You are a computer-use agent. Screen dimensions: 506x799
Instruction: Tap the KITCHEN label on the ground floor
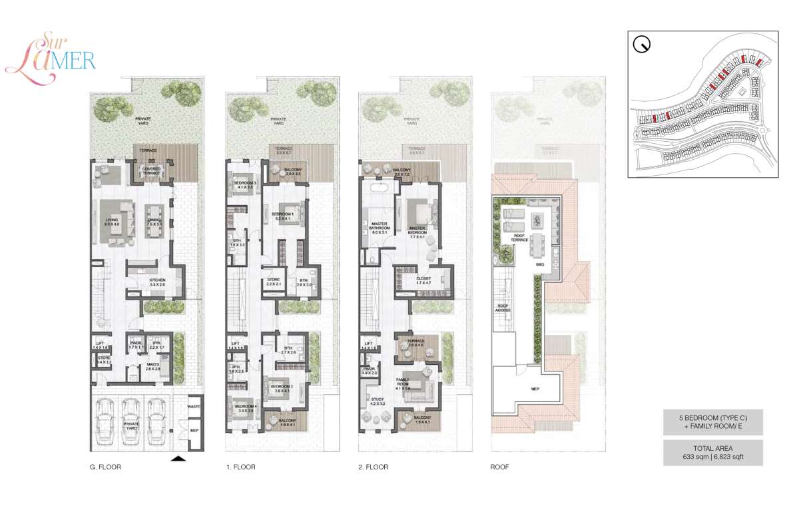click(157, 282)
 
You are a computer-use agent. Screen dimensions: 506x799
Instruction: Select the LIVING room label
click(111, 221)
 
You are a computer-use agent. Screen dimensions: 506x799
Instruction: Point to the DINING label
click(154, 221)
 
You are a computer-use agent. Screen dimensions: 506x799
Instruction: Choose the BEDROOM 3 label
click(244, 184)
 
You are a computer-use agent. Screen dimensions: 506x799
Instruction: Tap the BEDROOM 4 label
click(244, 408)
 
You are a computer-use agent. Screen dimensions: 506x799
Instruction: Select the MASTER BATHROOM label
click(379, 229)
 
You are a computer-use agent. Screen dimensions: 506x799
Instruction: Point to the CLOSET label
click(424, 280)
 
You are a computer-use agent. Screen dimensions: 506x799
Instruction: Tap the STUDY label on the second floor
click(378, 401)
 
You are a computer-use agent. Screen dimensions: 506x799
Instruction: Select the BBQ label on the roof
click(540, 265)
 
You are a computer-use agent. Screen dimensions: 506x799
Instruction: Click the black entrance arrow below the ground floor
click(179, 458)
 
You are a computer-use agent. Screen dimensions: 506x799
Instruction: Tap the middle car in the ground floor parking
click(131, 422)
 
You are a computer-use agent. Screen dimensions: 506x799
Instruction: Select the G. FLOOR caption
click(105, 467)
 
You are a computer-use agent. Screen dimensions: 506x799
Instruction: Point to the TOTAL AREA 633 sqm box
click(713, 453)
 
